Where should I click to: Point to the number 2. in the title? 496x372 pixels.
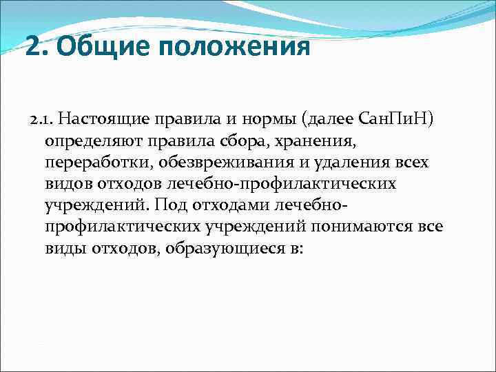(37, 48)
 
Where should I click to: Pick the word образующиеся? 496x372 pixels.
(225, 248)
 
